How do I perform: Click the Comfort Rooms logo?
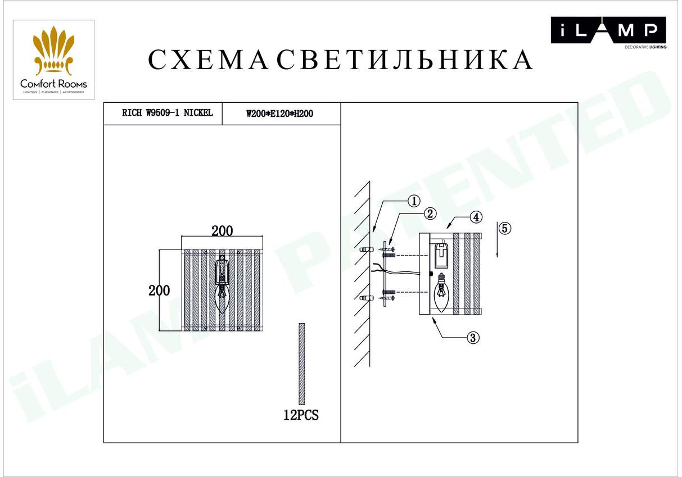(53, 60)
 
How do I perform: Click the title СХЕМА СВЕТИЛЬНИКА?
(341, 60)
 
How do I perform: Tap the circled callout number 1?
(414, 201)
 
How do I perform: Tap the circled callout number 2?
(430, 213)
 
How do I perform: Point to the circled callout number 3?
(473, 337)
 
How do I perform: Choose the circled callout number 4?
(476, 217)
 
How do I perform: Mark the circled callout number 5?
(505, 228)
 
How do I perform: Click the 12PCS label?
(301, 415)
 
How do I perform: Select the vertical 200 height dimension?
(159, 290)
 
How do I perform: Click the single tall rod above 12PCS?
(301, 364)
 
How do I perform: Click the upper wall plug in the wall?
(366, 249)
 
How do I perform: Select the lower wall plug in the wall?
(366, 298)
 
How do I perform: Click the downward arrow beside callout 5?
(497, 240)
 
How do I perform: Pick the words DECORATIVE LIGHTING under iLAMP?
(645, 47)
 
